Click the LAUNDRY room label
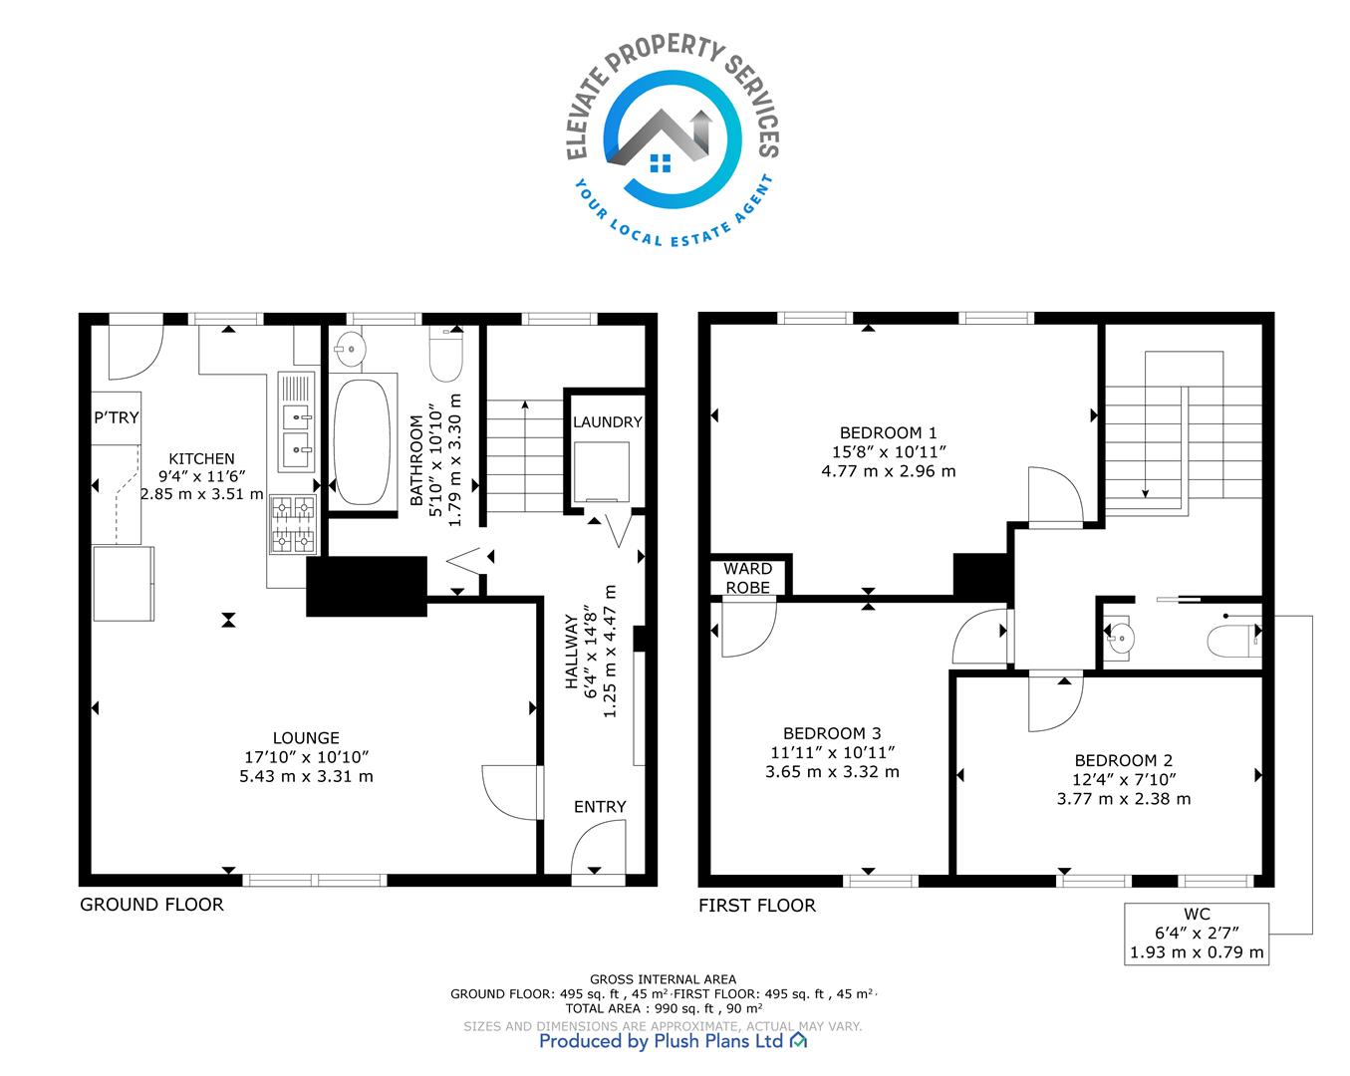click(x=607, y=421)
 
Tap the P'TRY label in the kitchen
click(x=116, y=417)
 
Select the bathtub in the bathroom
click(x=362, y=442)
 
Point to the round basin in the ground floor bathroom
click(x=350, y=349)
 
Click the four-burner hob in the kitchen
click(x=293, y=524)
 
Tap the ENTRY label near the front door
click(x=600, y=806)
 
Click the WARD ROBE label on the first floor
click(x=747, y=578)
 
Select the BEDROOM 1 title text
click(x=888, y=432)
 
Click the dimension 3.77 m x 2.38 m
click(x=1123, y=799)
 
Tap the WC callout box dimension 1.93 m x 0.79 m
click(x=1197, y=951)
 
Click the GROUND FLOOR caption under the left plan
click(x=151, y=904)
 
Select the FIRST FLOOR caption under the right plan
click(x=757, y=906)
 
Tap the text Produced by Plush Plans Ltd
click(x=662, y=1041)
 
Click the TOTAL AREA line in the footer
click(x=664, y=1008)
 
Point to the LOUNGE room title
click(x=306, y=738)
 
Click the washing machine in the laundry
click(x=602, y=472)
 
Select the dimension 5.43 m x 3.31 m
click(x=306, y=776)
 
